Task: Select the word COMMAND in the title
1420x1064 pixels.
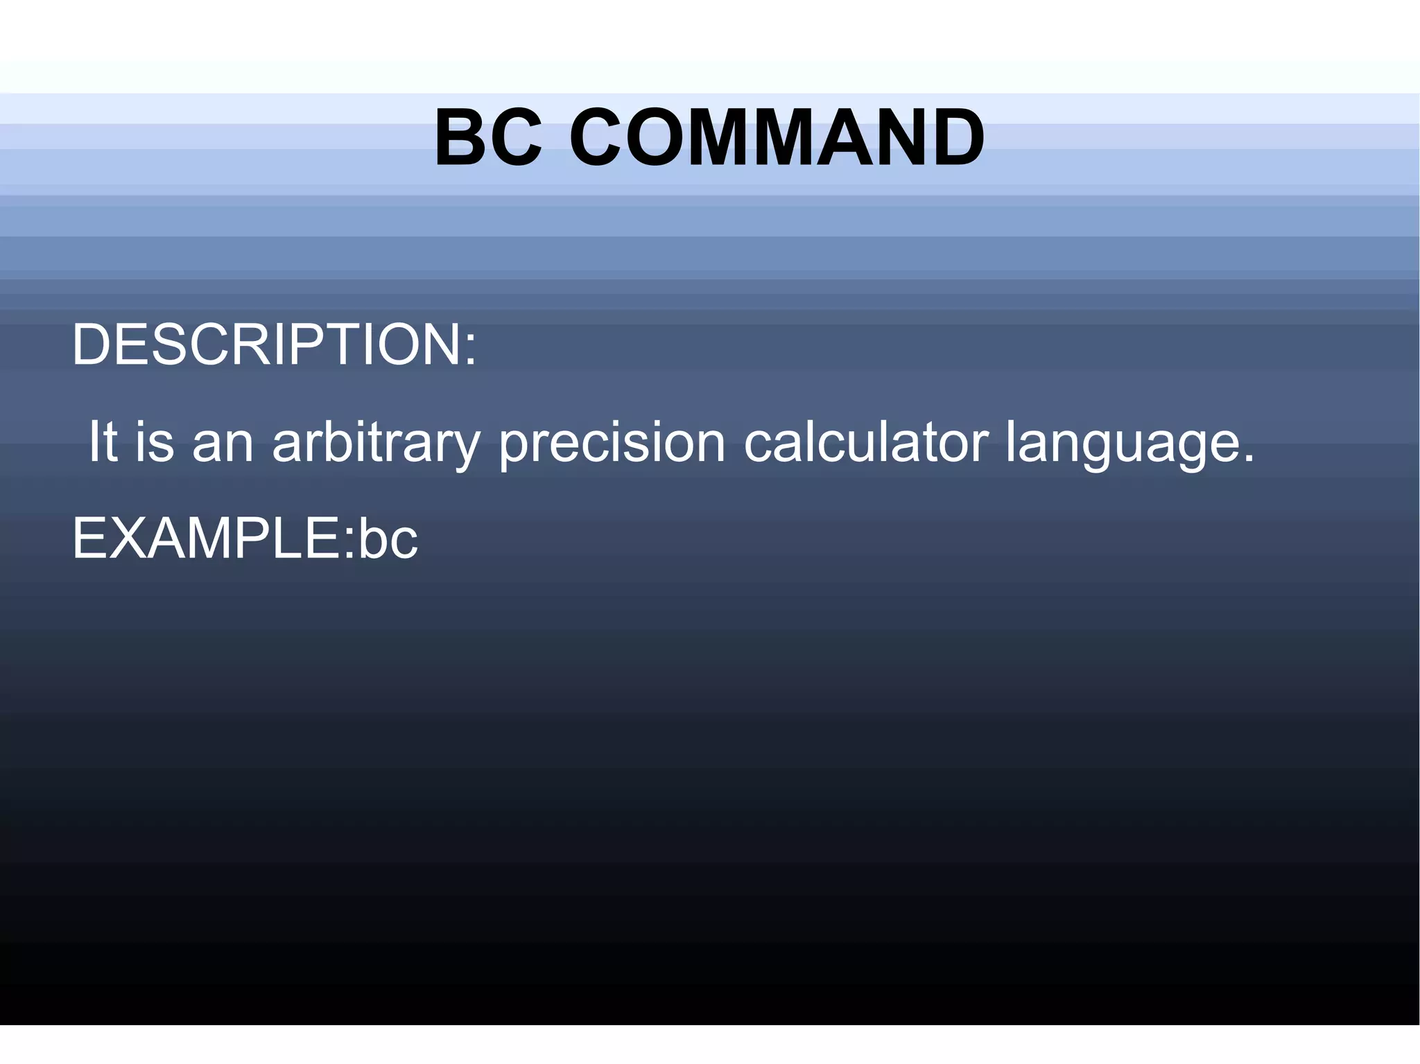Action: coord(777,138)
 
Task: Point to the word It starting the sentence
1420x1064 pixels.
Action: coord(102,442)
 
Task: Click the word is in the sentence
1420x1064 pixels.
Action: coord(155,442)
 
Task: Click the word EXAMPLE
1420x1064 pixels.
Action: coord(207,538)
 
